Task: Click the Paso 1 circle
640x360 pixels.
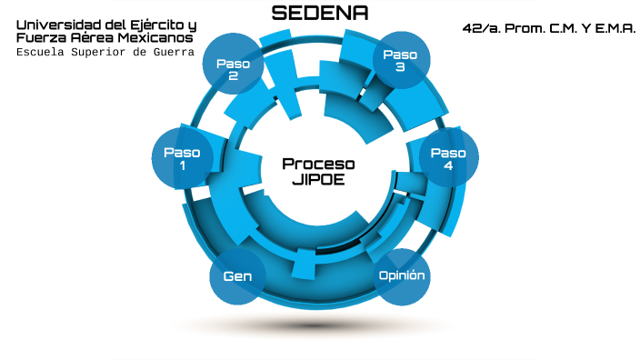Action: [x=182, y=159]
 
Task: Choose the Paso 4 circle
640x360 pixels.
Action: [x=448, y=159]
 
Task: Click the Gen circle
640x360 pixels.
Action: [x=237, y=275]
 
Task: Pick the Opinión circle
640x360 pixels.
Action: [x=401, y=275]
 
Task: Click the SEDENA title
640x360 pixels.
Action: [x=320, y=13]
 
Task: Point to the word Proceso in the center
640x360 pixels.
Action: [x=318, y=164]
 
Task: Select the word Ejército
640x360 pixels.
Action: [x=154, y=25]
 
